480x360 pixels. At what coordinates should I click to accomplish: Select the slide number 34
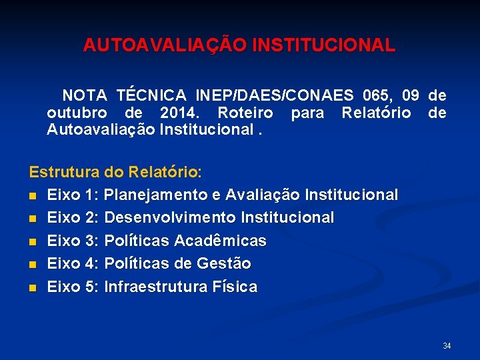click(x=447, y=346)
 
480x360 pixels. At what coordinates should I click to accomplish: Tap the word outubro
click(x=74, y=112)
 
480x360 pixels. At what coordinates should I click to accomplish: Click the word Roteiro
click(x=246, y=112)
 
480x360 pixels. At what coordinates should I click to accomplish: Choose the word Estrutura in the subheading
click(x=65, y=171)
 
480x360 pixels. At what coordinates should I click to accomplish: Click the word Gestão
click(x=224, y=263)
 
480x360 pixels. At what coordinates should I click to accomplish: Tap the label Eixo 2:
click(x=73, y=217)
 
